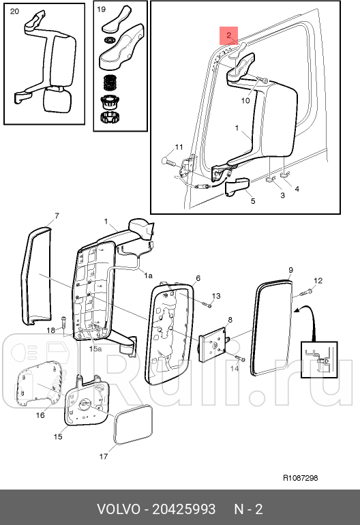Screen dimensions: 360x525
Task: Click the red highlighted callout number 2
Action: click(228, 35)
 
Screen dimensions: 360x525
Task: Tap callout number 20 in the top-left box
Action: click(14, 12)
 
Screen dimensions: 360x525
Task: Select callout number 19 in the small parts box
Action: click(101, 10)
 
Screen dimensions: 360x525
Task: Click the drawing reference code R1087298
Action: click(301, 478)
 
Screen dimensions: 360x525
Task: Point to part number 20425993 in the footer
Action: click(184, 509)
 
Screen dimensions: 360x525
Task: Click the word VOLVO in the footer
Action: click(119, 509)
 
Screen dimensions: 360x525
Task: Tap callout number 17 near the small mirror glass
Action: click(104, 456)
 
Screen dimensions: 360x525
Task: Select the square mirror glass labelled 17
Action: click(133, 425)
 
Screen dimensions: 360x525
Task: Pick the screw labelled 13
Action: click(207, 305)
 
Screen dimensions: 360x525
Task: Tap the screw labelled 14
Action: click(241, 359)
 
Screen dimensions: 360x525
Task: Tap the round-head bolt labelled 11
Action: click(170, 162)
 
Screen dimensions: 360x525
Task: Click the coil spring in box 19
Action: click(110, 82)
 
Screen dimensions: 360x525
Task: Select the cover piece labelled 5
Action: click(237, 187)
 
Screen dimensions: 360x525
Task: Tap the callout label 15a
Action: click(95, 349)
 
